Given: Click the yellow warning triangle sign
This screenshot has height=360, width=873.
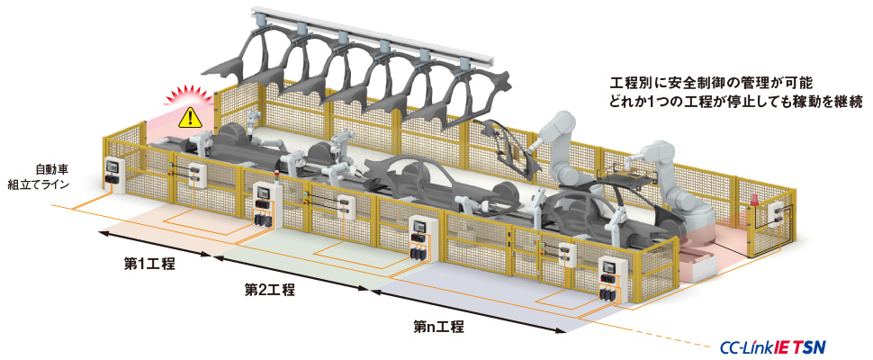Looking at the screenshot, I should (x=188, y=116).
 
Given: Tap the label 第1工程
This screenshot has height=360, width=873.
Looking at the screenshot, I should (x=149, y=264).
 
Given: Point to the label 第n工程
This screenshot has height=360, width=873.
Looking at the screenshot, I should (x=439, y=327).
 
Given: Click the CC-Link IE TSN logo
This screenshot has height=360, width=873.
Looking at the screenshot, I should (x=773, y=346).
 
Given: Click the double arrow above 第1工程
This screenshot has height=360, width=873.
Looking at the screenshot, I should (x=154, y=244).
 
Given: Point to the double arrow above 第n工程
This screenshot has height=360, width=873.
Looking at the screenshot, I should (x=468, y=310).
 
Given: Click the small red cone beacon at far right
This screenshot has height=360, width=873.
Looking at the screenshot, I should (x=755, y=200).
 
